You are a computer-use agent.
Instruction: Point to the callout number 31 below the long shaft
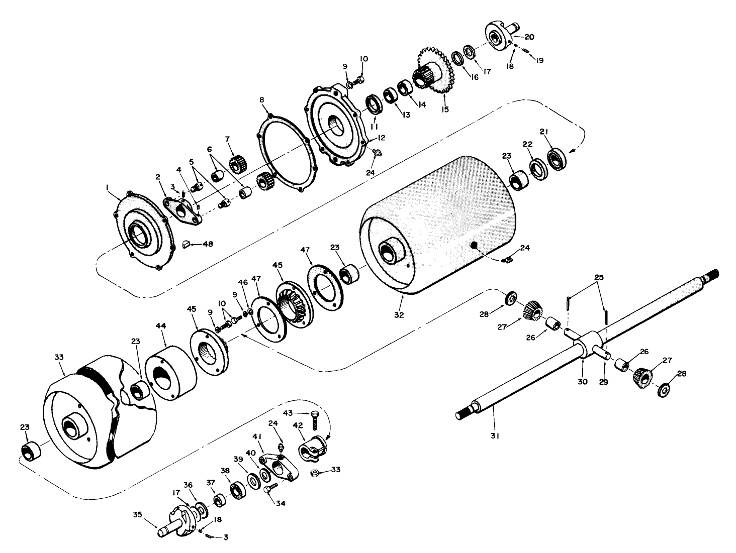click(494, 436)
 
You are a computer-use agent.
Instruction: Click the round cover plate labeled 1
click(142, 231)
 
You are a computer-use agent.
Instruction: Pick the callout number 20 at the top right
click(529, 37)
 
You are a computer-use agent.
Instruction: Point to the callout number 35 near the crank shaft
click(137, 514)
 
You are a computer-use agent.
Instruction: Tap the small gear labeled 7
click(236, 164)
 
